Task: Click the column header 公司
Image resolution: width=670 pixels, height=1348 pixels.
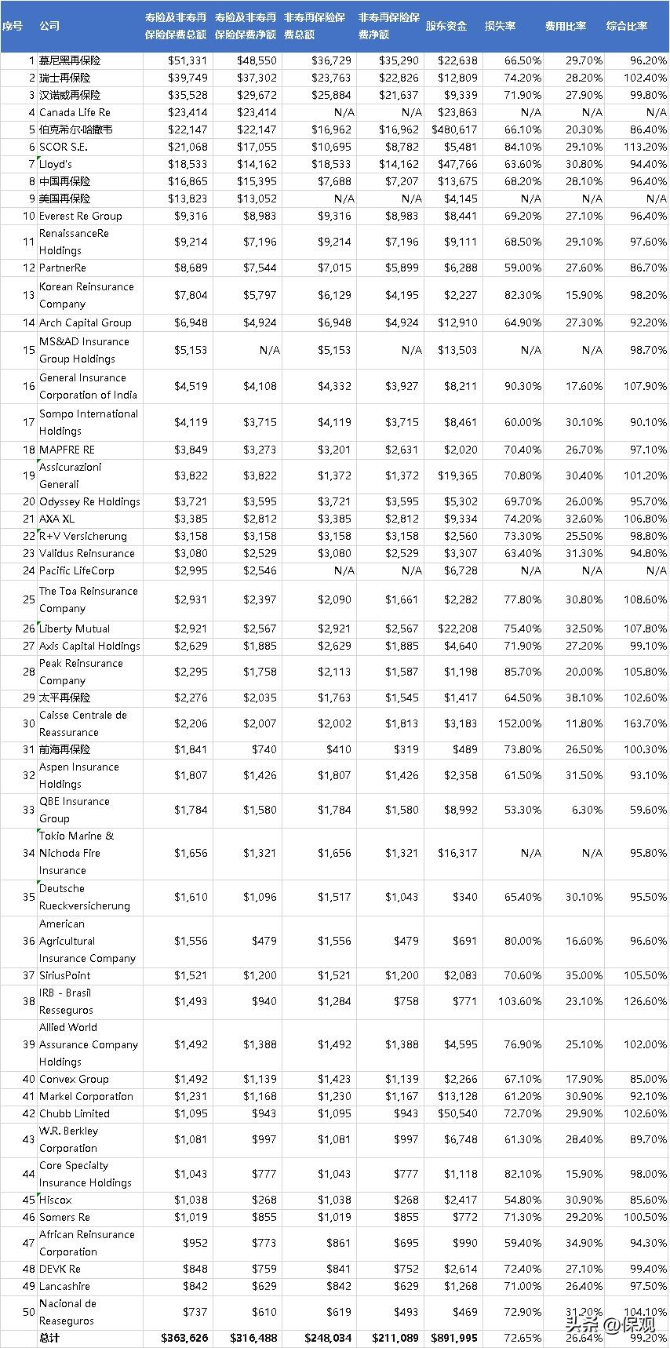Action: click(x=49, y=26)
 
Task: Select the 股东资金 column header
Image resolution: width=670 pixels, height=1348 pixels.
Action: click(x=446, y=26)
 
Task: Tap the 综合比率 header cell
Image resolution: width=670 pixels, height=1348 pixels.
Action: click(x=627, y=26)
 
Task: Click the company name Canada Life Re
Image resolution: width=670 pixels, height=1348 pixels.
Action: click(x=75, y=112)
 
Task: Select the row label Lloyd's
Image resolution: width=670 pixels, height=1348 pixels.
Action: click(x=56, y=164)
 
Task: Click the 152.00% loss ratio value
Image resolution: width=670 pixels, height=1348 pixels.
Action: click(x=519, y=723)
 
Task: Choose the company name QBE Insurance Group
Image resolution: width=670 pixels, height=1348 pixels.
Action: click(x=75, y=810)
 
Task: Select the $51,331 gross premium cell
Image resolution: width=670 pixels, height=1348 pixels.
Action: click(x=188, y=60)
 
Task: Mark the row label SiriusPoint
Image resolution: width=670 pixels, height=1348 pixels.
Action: click(x=65, y=975)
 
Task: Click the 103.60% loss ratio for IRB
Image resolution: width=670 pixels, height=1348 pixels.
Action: click(x=519, y=1001)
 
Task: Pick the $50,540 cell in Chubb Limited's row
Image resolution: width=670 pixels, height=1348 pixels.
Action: click(x=457, y=1113)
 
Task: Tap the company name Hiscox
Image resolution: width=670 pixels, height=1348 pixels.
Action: click(x=55, y=1200)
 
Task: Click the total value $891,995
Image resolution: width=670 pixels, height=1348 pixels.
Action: click(x=454, y=1338)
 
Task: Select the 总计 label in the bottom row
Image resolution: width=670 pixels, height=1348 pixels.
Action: click(x=49, y=1338)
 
